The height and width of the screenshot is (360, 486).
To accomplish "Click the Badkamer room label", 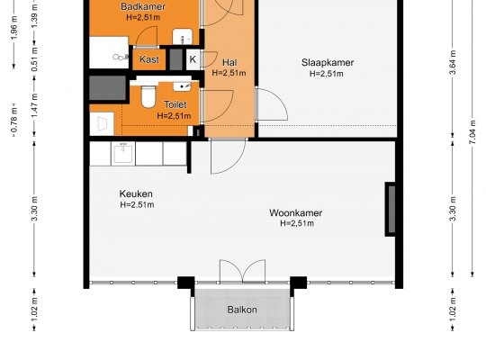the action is [143, 6].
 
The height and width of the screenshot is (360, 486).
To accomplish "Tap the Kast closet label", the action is [149, 59].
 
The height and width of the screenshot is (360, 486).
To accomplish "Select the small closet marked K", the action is [193, 58].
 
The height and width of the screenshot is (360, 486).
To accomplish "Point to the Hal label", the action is [229, 62].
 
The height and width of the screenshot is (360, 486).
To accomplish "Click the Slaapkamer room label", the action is [328, 63].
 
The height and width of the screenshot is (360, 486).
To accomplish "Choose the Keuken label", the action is [136, 193].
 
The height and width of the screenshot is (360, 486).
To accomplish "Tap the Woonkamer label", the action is [296, 212].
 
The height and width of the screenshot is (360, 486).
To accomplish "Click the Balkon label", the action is [242, 310].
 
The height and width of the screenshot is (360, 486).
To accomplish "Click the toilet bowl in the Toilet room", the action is [148, 96].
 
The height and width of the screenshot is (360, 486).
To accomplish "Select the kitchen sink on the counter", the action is [123, 153].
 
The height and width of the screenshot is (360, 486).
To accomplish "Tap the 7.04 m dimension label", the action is [472, 131].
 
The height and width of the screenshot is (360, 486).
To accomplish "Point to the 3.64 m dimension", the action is [453, 62].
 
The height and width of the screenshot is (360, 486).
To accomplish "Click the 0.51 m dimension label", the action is [34, 58].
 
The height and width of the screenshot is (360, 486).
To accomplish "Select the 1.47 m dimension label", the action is [34, 105].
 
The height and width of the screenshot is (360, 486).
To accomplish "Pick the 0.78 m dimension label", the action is [14, 121].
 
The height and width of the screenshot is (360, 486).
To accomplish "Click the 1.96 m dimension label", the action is [14, 28].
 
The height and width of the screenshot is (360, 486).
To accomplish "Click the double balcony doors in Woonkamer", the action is [242, 271].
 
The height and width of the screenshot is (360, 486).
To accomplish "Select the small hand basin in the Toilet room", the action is [182, 86].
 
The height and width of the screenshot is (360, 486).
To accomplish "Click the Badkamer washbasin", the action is [182, 37].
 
